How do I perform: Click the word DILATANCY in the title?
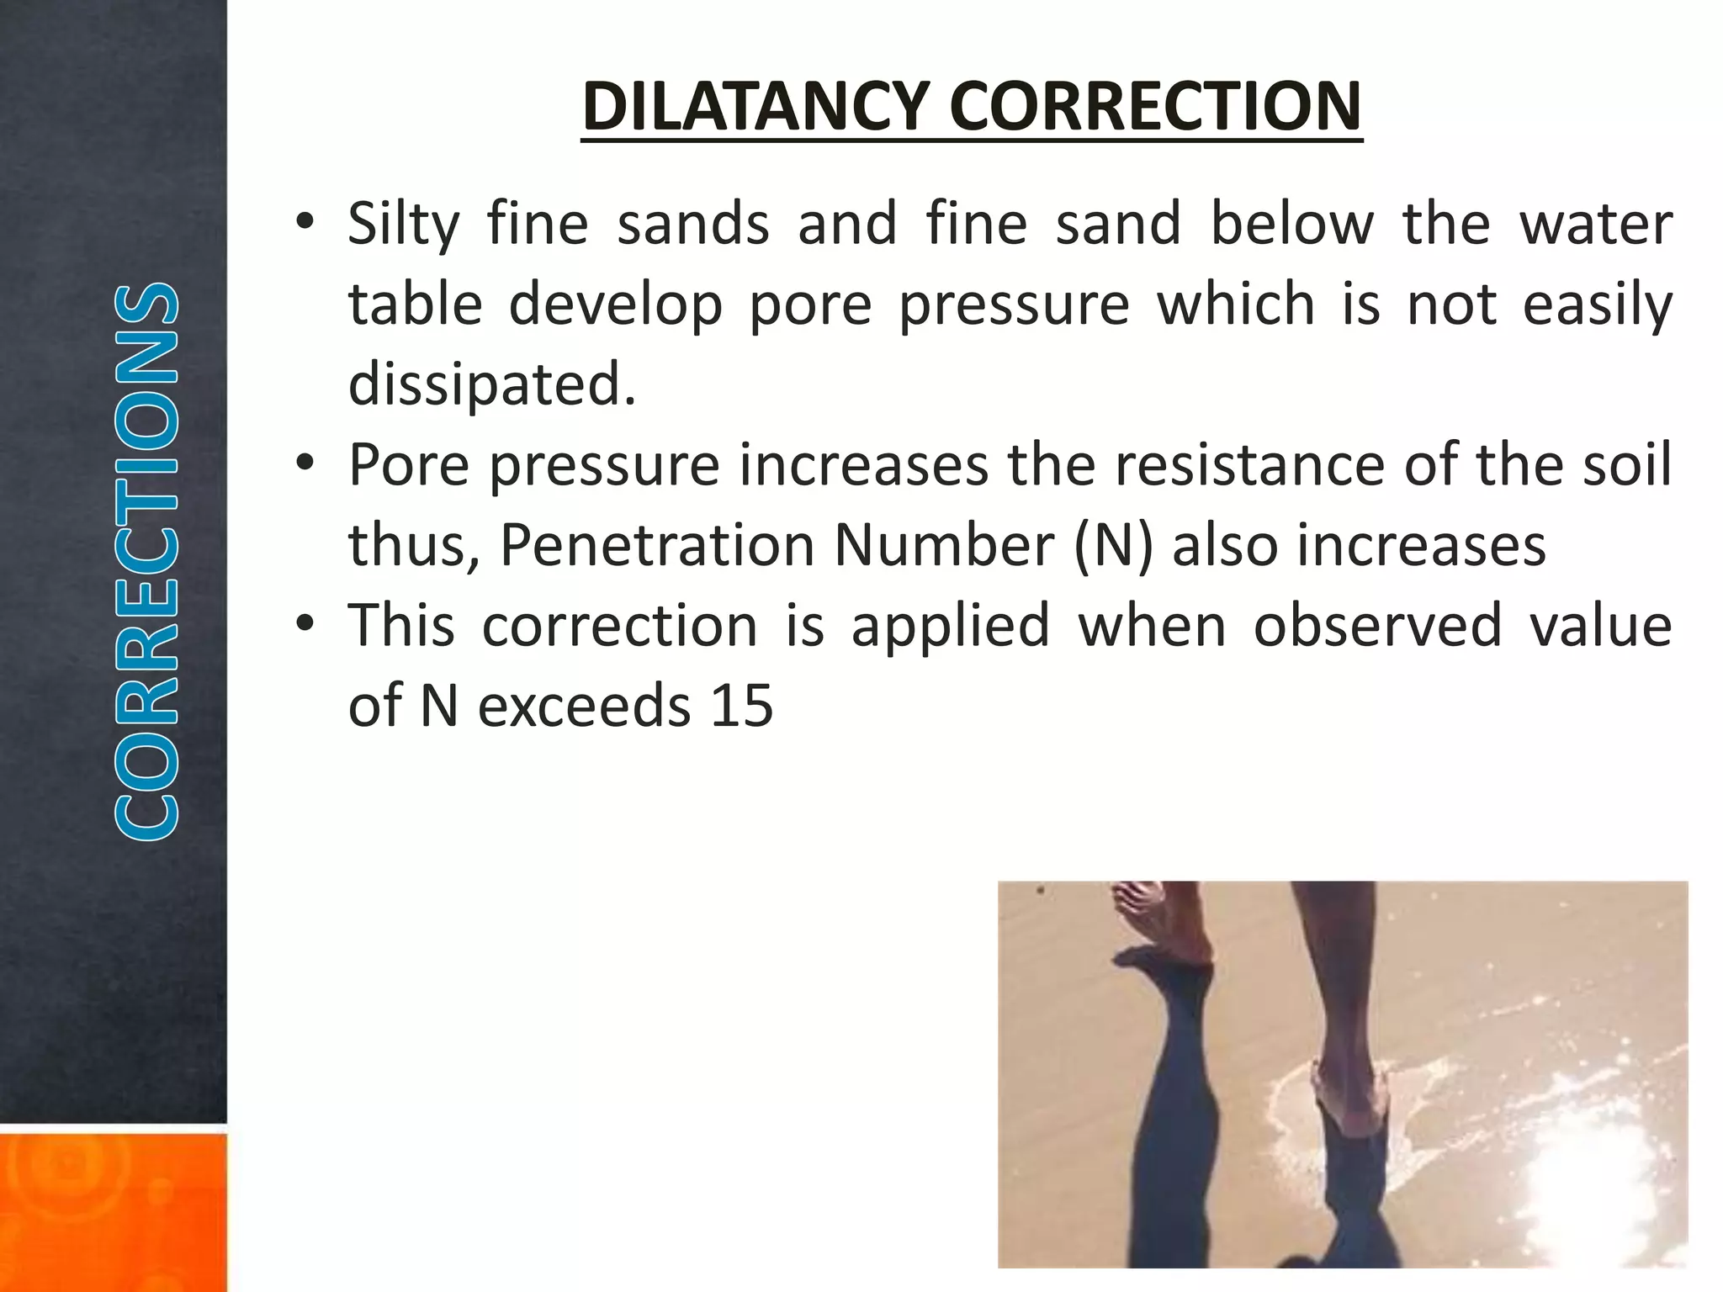click(x=755, y=107)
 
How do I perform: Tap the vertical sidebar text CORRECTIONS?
click(x=146, y=561)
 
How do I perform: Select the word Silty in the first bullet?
click(x=404, y=225)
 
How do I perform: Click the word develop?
click(x=615, y=304)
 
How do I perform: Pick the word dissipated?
click(x=492, y=384)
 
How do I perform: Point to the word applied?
click(x=951, y=627)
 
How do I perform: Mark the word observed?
click(x=1377, y=625)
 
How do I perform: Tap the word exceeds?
click(x=584, y=706)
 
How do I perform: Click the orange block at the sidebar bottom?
click(x=113, y=1211)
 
